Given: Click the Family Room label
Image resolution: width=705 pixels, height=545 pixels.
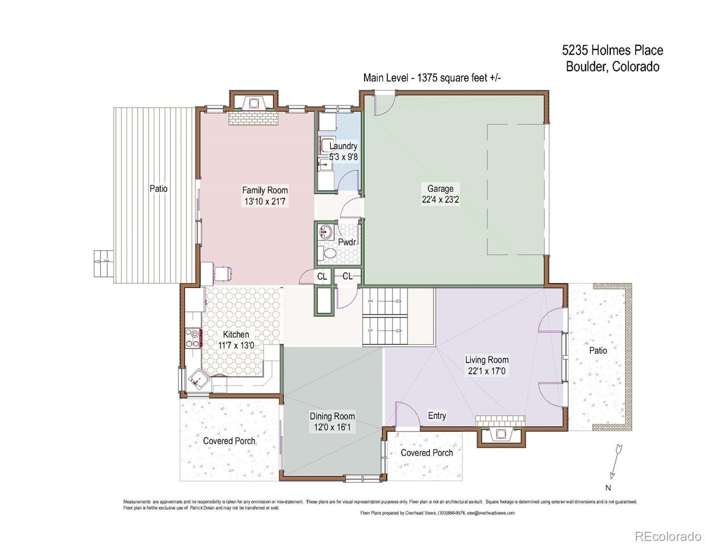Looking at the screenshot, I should (x=265, y=190).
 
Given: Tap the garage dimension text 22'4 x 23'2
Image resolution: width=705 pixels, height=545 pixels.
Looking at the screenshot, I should (x=440, y=200).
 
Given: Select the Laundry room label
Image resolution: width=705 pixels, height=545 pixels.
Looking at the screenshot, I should (x=343, y=146).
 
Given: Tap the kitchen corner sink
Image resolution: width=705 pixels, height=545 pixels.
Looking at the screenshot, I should (x=198, y=380).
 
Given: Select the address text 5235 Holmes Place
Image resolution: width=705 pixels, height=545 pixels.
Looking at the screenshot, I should (x=612, y=50).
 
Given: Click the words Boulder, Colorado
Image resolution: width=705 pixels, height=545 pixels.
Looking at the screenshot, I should (x=612, y=67).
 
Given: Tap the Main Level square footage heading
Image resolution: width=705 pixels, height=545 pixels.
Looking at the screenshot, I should (x=432, y=78).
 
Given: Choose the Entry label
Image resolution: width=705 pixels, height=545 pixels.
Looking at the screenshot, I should (x=437, y=416).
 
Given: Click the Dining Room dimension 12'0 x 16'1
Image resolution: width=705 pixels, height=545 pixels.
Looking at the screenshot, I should (x=332, y=427).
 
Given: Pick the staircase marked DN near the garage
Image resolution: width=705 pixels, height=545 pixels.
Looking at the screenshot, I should (x=385, y=302).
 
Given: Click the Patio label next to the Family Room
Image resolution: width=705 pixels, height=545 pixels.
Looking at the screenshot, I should (x=158, y=188).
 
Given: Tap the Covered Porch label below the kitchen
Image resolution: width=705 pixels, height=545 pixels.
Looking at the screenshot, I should (x=229, y=441).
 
